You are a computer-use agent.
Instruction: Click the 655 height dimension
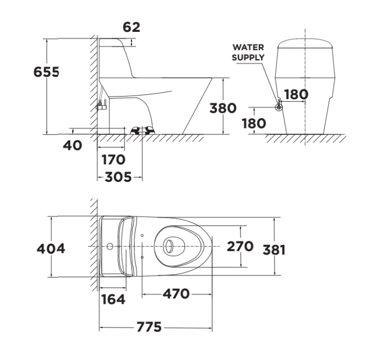(46, 72)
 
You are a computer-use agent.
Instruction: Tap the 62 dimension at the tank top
(131, 27)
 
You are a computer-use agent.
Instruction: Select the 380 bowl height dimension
(223, 108)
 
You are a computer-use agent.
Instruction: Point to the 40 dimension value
(73, 145)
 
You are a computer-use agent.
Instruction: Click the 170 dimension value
(114, 160)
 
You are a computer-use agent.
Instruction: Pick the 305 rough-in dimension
(118, 177)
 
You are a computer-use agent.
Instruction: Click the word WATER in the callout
(248, 47)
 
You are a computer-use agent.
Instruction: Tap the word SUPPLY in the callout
(248, 57)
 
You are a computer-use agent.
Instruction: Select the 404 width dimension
(51, 248)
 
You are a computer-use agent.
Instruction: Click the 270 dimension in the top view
(240, 246)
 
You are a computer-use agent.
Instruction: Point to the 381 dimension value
(274, 250)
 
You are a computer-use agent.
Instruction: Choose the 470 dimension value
(176, 294)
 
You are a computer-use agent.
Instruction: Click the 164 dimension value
(113, 299)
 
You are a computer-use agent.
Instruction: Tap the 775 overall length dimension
(149, 327)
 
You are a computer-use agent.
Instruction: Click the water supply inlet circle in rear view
(279, 107)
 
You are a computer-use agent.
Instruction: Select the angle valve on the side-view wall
(102, 106)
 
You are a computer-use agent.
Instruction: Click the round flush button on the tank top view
(110, 246)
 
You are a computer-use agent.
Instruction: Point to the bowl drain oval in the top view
(168, 246)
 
